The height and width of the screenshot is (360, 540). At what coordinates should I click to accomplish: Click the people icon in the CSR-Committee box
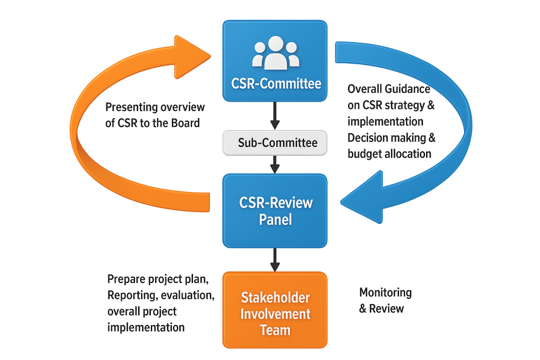pyautogui.click(x=275, y=52)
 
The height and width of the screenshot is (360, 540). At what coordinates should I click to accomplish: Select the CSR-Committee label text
pyautogui.click(x=276, y=84)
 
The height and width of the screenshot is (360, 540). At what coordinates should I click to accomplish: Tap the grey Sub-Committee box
pyautogui.click(x=275, y=143)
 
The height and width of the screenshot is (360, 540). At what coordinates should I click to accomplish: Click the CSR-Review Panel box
pyautogui.click(x=275, y=210)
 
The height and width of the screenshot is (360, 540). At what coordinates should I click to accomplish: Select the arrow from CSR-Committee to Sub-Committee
pyautogui.click(x=275, y=116)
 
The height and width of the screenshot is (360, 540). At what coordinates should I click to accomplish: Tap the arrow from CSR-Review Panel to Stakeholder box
pyautogui.click(x=275, y=259)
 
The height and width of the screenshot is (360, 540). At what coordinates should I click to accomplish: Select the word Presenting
pyautogui.click(x=132, y=108)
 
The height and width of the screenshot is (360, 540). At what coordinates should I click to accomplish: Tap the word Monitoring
pyautogui.click(x=385, y=293)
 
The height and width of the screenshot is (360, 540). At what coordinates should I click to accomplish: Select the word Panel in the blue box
pyautogui.click(x=275, y=219)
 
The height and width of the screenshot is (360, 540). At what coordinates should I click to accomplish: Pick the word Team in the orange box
pyautogui.click(x=275, y=330)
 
